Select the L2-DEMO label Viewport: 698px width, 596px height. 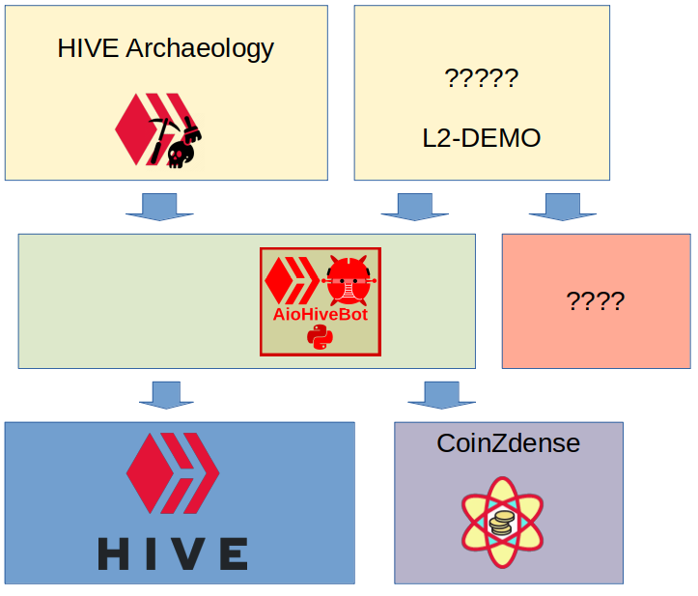481,137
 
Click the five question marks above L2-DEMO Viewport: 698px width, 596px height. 481,77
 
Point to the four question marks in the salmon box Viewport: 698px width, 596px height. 595,300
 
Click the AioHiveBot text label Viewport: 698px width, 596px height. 320,315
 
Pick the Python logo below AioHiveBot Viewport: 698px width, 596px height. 320,336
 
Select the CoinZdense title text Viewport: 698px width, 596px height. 508,443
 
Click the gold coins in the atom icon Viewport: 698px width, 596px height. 500,525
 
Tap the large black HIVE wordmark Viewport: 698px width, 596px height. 173,553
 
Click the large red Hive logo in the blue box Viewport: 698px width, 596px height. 173,473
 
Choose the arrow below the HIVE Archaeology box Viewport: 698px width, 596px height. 159,207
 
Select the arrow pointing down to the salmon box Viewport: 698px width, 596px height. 561,207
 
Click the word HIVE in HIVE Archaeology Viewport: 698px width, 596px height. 89,48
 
